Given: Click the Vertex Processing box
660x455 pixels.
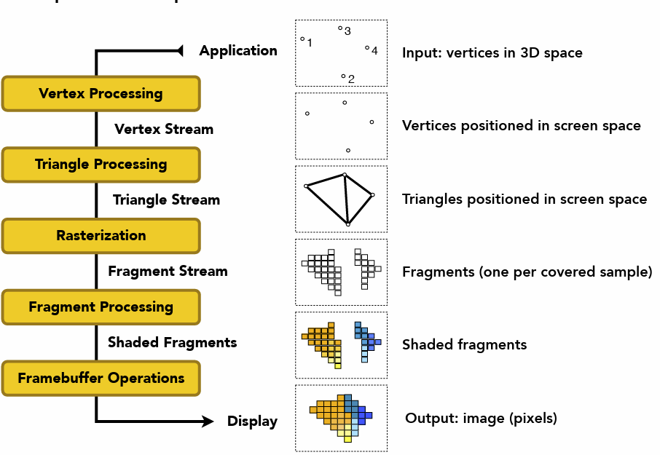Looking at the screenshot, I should tap(101, 94).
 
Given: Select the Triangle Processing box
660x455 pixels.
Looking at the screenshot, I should tap(101, 165).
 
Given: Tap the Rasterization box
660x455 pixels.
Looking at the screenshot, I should tap(101, 236).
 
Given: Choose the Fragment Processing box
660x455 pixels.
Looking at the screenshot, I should tap(101, 307).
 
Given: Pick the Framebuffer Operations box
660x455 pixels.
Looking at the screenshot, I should tap(101, 379).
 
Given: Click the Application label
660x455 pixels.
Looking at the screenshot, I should tap(238, 51).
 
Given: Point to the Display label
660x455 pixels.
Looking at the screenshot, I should tap(252, 422).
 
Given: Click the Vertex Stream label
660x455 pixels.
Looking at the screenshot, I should tap(164, 130).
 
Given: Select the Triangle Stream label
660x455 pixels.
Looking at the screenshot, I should tap(166, 200).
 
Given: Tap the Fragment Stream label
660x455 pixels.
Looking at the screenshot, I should tap(168, 272).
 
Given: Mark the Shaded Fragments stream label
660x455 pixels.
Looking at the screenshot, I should tap(172, 342).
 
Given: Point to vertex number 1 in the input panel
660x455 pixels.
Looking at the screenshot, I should tap(302, 39).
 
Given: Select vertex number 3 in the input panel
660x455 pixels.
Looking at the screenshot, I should tap(340, 28).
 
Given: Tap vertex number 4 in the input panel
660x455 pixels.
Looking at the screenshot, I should tap(367, 48).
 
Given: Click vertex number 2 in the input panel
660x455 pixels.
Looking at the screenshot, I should tap(343, 76).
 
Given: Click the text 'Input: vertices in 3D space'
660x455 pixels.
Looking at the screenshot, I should tap(492, 53).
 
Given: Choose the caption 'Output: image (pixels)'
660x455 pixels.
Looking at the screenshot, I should tap(481, 419).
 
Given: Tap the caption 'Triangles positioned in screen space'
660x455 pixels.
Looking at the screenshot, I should tap(524, 199).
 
